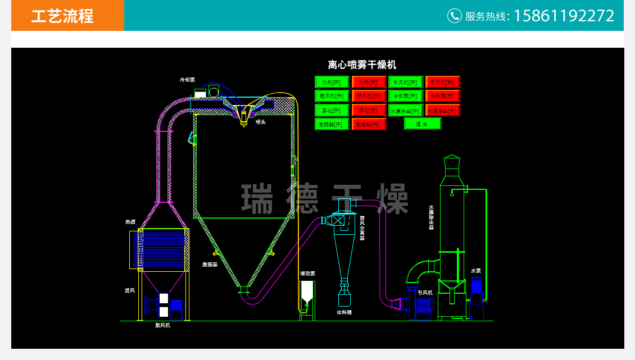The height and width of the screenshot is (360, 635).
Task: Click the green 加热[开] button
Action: [x=332, y=82]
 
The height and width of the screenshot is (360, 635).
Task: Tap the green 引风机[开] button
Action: [x=405, y=82]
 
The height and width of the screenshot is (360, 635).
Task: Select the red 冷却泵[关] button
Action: [x=442, y=96]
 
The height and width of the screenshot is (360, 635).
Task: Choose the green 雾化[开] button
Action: [x=332, y=110]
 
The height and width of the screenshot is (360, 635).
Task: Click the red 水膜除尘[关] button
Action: [x=442, y=110]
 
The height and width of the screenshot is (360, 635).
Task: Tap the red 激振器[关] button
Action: [x=369, y=124]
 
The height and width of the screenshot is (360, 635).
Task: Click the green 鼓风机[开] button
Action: [x=332, y=96]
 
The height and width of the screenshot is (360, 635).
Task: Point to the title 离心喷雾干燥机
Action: [x=362, y=65]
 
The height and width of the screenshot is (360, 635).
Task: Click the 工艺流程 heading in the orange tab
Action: [x=62, y=16]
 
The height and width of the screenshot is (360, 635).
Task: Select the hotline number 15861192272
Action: [x=564, y=16]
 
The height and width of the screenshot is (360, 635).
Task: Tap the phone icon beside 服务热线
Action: [x=454, y=16]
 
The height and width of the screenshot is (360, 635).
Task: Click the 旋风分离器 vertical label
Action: [x=362, y=228]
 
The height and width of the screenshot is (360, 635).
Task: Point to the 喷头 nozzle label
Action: [x=260, y=121]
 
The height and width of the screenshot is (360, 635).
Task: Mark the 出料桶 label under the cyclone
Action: [x=344, y=312]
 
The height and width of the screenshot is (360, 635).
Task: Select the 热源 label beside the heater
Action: [x=130, y=222]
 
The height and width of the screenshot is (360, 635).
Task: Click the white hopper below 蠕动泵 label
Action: [x=307, y=292]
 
